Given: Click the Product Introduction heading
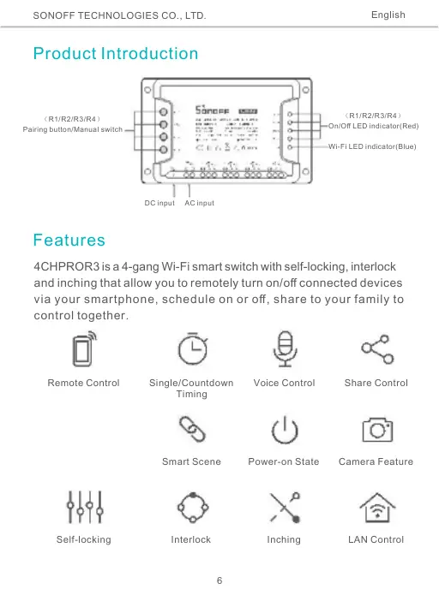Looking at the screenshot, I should [116, 54].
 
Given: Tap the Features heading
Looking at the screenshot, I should [69, 240].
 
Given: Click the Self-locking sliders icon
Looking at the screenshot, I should [83, 507].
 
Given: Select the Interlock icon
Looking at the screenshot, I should [190, 507].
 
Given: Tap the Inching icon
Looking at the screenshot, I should [284, 507].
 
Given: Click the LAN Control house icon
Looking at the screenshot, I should [376, 507].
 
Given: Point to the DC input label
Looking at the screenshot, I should [159, 203].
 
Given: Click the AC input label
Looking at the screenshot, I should [200, 203].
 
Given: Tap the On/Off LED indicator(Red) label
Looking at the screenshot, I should [373, 126].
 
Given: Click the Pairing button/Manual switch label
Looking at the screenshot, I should [73, 129].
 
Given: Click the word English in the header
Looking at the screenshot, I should [388, 15].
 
